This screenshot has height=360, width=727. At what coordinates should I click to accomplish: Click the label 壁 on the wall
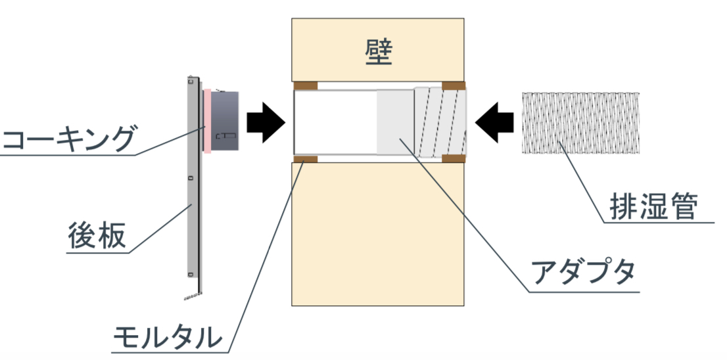tap(379, 52)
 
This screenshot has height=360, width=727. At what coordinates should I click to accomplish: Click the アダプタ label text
tap(582, 271)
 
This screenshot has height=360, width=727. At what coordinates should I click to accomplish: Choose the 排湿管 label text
tap(653, 207)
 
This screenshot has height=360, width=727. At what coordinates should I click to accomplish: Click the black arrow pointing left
tap(495, 123)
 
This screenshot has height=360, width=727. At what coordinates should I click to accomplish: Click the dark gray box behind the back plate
tap(225, 121)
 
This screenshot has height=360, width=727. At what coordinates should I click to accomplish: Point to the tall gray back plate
tap(191, 184)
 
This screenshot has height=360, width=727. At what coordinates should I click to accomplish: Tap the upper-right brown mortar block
tap(454, 85)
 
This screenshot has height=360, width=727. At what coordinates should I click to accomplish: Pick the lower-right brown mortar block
tap(454, 159)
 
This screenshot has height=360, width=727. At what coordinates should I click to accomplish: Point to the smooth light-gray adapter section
tap(394, 122)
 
